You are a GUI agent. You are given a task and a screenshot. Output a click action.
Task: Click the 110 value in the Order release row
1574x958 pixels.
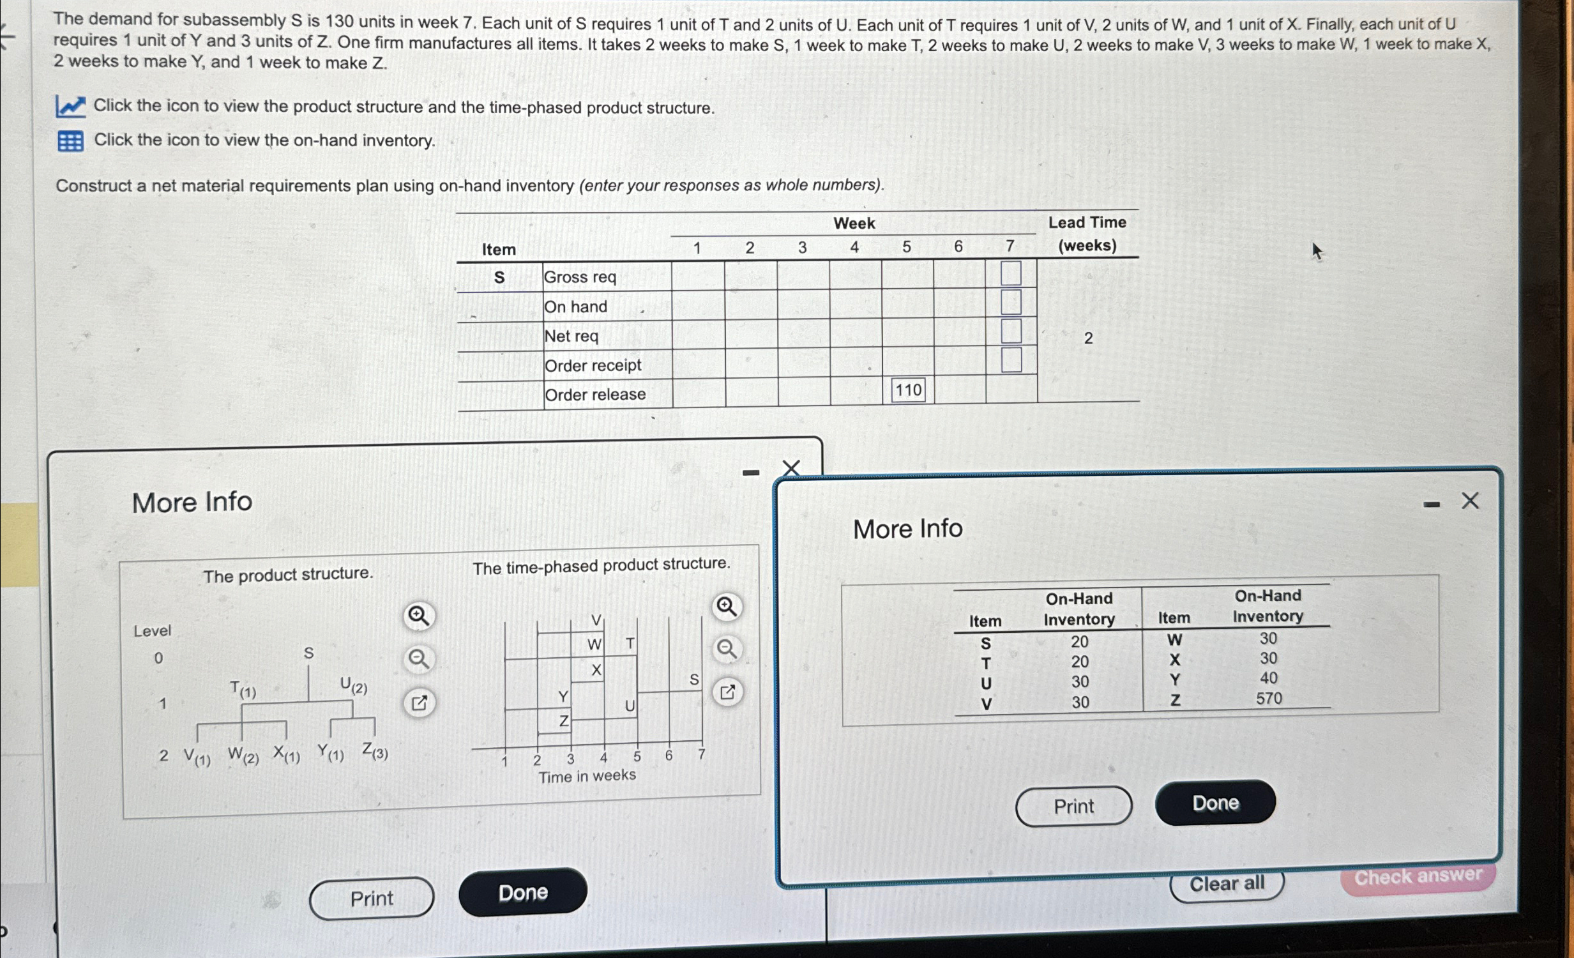[908, 390]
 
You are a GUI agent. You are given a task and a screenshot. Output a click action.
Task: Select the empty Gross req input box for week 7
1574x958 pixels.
[1011, 273]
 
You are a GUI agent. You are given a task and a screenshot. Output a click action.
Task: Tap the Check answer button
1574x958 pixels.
[1418, 876]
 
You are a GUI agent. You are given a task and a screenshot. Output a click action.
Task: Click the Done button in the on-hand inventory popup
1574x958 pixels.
[1215, 803]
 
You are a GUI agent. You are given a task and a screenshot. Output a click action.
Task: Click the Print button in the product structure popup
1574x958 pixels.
[371, 899]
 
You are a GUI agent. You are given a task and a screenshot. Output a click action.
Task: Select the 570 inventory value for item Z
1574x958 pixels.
[1269, 699]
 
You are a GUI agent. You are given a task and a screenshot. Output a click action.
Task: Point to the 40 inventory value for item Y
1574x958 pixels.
[1269, 678]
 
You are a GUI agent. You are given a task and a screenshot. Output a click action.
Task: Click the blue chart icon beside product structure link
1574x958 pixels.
[70, 106]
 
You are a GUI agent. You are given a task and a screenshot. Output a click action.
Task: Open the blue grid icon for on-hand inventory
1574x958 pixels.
[70, 141]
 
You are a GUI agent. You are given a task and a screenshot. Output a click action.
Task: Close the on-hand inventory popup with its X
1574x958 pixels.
[1470, 501]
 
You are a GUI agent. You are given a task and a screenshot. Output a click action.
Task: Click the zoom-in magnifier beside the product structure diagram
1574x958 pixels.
[418, 616]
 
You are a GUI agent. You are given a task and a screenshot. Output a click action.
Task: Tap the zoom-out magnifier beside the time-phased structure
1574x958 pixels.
[727, 650]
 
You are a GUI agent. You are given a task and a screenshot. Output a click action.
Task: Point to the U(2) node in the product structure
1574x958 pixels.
[353, 687]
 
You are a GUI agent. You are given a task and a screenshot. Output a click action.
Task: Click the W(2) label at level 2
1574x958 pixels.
[243, 756]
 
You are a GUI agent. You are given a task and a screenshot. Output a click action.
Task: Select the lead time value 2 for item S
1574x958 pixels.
[1088, 338]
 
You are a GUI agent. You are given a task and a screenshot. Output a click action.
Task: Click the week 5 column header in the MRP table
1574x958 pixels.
[907, 247]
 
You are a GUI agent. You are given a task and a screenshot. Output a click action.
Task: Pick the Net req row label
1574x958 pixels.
[571, 336]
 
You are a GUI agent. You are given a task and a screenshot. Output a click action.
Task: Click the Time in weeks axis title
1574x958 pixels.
[587, 776]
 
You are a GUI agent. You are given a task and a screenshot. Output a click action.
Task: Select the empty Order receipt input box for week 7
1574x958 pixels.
[1011, 360]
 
